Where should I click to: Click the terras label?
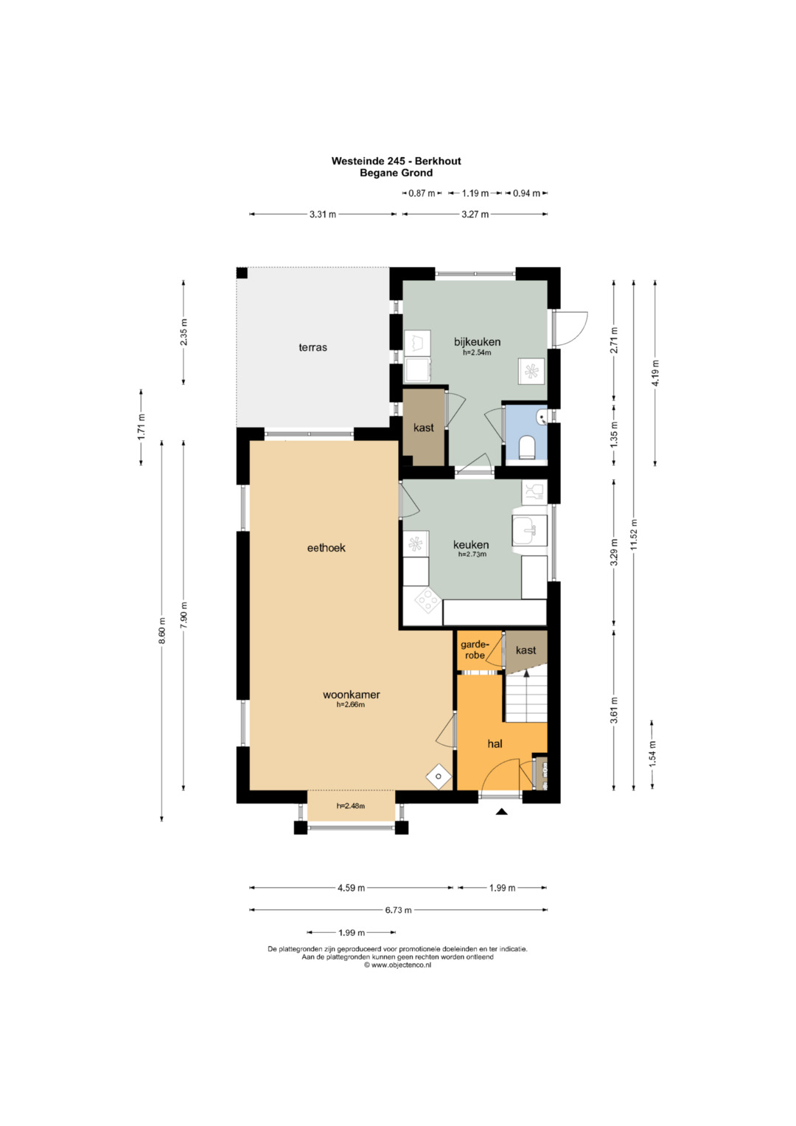313,347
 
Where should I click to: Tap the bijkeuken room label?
477,342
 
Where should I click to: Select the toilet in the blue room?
527,447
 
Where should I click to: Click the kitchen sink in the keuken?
530,531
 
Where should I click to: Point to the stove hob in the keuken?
428,600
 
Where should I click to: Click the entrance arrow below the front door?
501,811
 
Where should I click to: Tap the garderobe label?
475,650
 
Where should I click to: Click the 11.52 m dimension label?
634,535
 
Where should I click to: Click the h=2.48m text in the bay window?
351,806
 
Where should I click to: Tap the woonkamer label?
352,695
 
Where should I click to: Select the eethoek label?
326,547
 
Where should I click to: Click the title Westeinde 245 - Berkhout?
396,161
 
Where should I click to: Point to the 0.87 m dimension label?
422,193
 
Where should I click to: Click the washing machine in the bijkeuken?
418,343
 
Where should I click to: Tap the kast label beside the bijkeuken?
424,428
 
